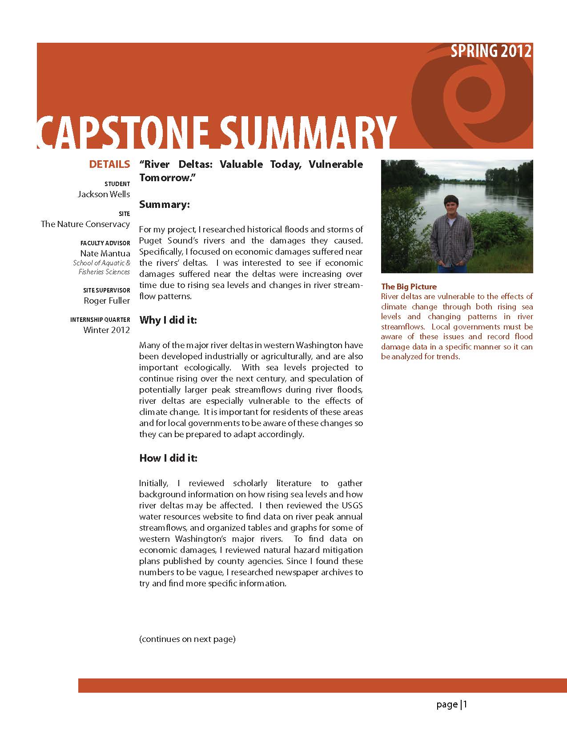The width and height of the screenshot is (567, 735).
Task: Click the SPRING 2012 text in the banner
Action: tap(491, 51)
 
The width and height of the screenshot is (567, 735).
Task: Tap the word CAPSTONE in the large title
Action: tap(122, 132)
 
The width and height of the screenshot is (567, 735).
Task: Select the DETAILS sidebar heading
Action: tap(109, 164)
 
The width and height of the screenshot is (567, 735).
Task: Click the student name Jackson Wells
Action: tap(104, 194)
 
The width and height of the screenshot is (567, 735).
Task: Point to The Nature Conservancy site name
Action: tap(85, 224)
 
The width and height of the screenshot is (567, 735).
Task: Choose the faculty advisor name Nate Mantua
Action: tap(105, 253)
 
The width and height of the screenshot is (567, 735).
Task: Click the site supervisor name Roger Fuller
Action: tap(107, 300)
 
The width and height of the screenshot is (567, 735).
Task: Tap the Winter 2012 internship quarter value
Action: tap(107, 330)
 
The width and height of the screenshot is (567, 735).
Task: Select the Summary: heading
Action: tap(165, 204)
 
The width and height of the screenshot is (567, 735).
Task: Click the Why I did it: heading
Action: tap(168, 320)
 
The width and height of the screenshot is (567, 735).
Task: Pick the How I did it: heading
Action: tap(168, 458)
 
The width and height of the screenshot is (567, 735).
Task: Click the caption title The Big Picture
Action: tap(409, 287)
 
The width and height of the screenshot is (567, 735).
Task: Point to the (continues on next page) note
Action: tap(187, 639)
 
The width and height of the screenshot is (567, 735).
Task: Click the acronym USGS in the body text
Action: tap(352, 505)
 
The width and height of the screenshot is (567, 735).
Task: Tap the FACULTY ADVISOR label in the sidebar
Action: tap(105, 243)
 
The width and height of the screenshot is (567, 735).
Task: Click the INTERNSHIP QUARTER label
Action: tap(100, 320)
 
